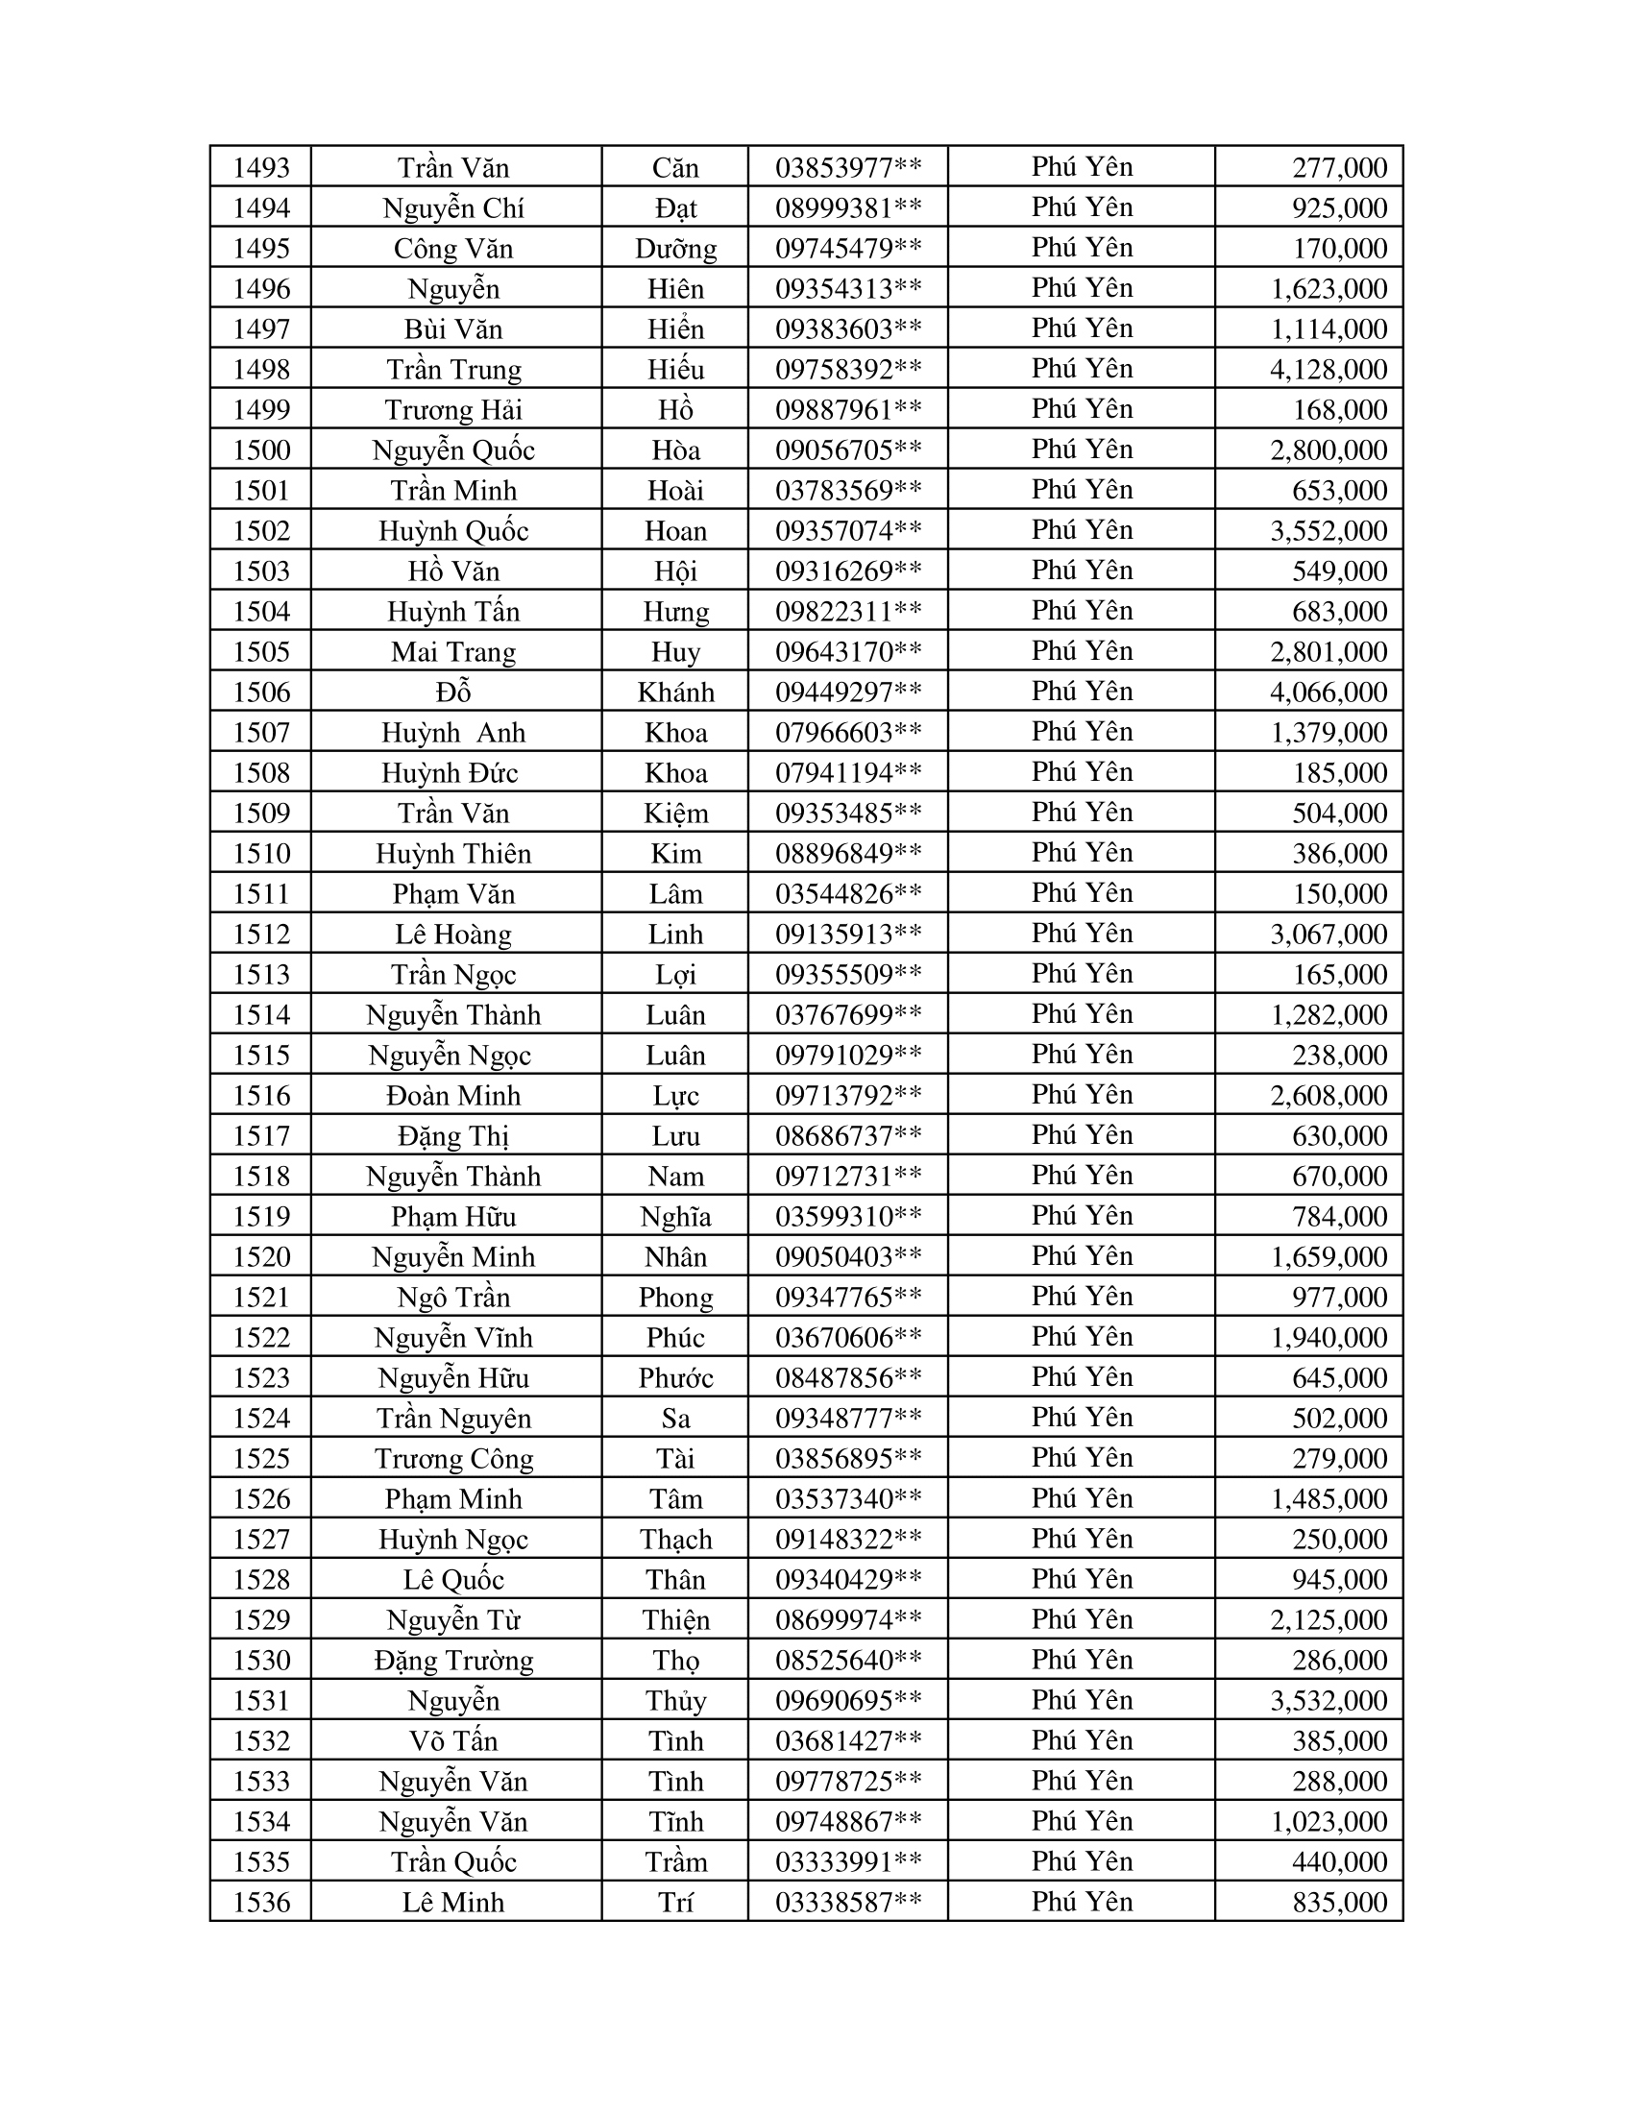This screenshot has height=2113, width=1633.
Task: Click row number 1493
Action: pyautogui.click(x=261, y=167)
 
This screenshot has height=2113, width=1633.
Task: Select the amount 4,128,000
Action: pyautogui.click(x=1328, y=369)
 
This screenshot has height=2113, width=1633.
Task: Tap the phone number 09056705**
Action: pyautogui.click(x=847, y=449)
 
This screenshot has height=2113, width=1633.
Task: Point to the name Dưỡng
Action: pyautogui.click(x=675, y=249)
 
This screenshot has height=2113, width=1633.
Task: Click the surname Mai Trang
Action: pyautogui.click(x=452, y=651)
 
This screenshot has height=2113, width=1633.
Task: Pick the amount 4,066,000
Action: pyautogui.click(x=1328, y=692)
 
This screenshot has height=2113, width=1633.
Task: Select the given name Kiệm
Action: pyautogui.click(x=675, y=813)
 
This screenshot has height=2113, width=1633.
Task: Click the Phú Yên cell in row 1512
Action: pyautogui.click(x=1082, y=934)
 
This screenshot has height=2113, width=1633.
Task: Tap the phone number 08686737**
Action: pyautogui.click(x=847, y=1135)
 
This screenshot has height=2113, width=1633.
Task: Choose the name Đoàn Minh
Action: pyautogui.click(x=452, y=1095)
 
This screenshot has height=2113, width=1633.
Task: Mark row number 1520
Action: pyautogui.click(x=261, y=1256)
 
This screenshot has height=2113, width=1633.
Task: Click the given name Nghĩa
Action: pyautogui.click(x=675, y=1216)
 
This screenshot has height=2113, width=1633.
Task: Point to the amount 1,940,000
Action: pyautogui.click(x=1328, y=1337)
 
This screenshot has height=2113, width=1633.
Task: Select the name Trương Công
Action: pyautogui.click(x=452, y=1458)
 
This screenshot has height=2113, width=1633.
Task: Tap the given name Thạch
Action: pyautogui.click(x=675, y=1539)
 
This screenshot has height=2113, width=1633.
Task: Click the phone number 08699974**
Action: pyautogui.click(x=847, y=1619)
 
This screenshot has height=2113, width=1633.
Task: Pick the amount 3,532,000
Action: pyautogui.click(x=1328, y=1700)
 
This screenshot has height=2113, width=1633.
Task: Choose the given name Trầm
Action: pyautogui.click(x=675, y=1861)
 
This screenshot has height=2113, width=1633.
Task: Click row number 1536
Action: pyautogui.click(x=261, y=1902)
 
